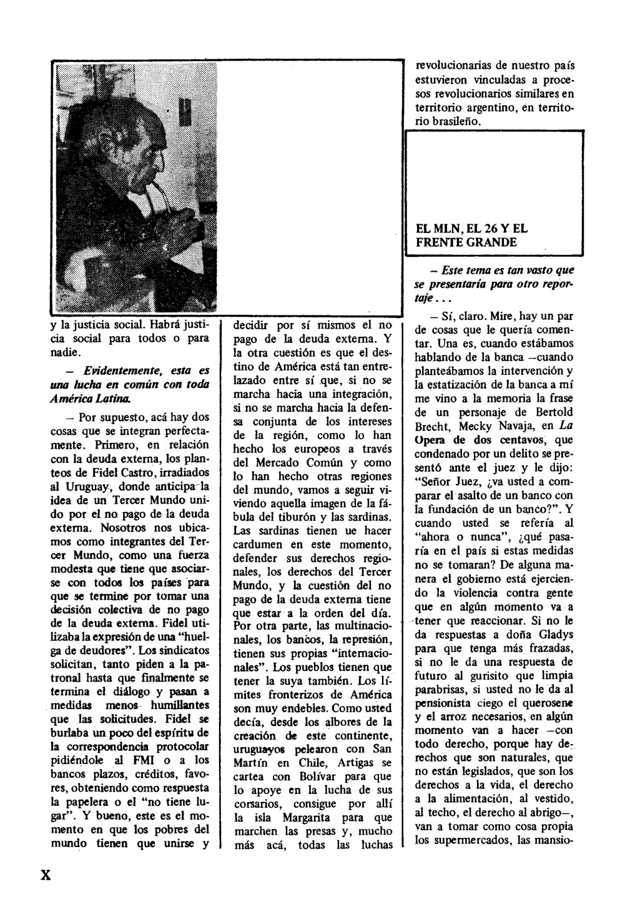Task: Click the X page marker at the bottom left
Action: [x=45, y=874]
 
